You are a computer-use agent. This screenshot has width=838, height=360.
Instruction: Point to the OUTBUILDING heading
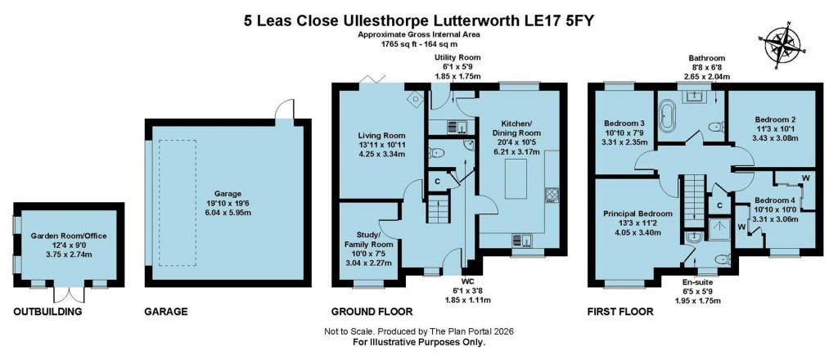pyautogui.click(x=48, y=312)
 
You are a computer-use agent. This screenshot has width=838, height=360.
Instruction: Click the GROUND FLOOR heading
pyautogui.click(x=372, y=312)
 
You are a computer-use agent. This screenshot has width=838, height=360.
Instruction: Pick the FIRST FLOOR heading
pyautogui.click(x=619, y=312)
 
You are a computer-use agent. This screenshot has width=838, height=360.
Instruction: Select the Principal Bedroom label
pyautogui.click(x=638, y=214)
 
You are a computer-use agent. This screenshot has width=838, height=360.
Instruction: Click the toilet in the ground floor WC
pyautogui.click(x=436, y=153)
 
